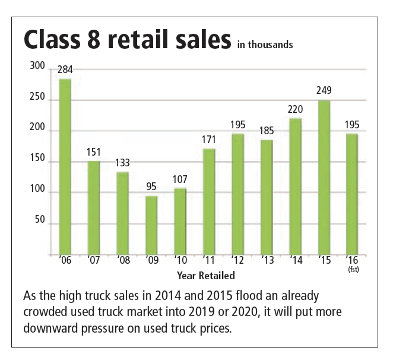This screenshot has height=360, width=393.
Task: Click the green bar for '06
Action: pos(65,166)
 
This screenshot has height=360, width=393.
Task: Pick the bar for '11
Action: pos(209,201)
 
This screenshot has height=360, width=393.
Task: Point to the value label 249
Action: pos(324,91)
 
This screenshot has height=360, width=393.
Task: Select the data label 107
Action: pos(180,179)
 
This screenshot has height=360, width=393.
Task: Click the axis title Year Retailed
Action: pos(205,275)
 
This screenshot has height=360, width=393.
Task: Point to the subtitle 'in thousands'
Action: pos(265,44)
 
